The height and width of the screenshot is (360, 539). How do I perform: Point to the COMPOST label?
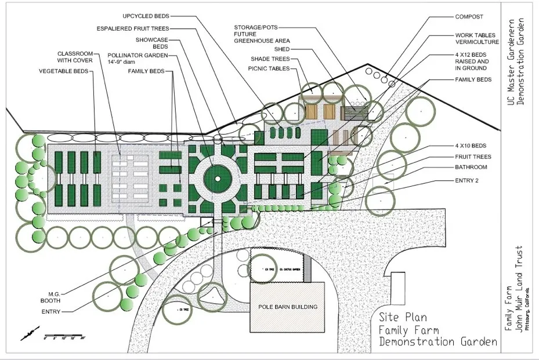469,17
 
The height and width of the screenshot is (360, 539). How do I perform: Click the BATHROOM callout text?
471,168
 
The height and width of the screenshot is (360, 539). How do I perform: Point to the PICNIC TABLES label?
269,68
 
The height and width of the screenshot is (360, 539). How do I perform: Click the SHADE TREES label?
272,59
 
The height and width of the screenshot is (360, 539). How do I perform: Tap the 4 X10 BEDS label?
471,145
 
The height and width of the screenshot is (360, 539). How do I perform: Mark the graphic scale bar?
65,336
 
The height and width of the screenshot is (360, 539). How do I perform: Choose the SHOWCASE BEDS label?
151,43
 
